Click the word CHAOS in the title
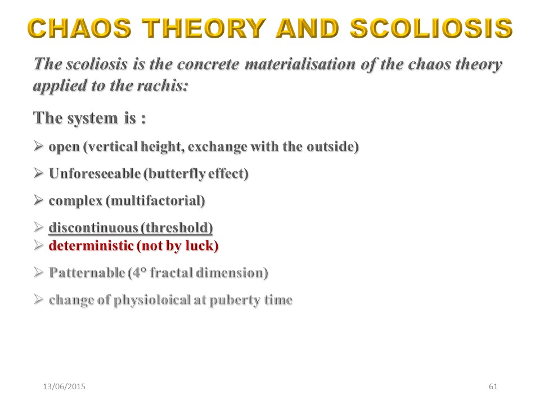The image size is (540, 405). (x=79, y=28)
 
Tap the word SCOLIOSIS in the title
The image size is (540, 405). (x=431, y=28)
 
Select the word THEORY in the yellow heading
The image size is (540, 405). (x=204, y=28)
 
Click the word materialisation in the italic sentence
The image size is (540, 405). (x=300, y=64)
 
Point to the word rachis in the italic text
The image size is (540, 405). (x=163, y=85)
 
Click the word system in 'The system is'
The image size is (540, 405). (x=92, y=119)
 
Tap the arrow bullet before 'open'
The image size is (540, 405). (x=39, y=146)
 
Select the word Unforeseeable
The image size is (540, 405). (x=94, y=173)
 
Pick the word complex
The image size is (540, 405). (x=76, y=201)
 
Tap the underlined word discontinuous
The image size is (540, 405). (x=93, y=228)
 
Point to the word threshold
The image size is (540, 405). (x=177, y=228)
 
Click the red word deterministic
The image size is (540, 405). (x=91, y=246)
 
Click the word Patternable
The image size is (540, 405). (x=87, y=273)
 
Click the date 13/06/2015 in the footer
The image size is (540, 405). (x=64, y=386)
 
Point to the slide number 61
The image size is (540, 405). (x=493, y=386)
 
